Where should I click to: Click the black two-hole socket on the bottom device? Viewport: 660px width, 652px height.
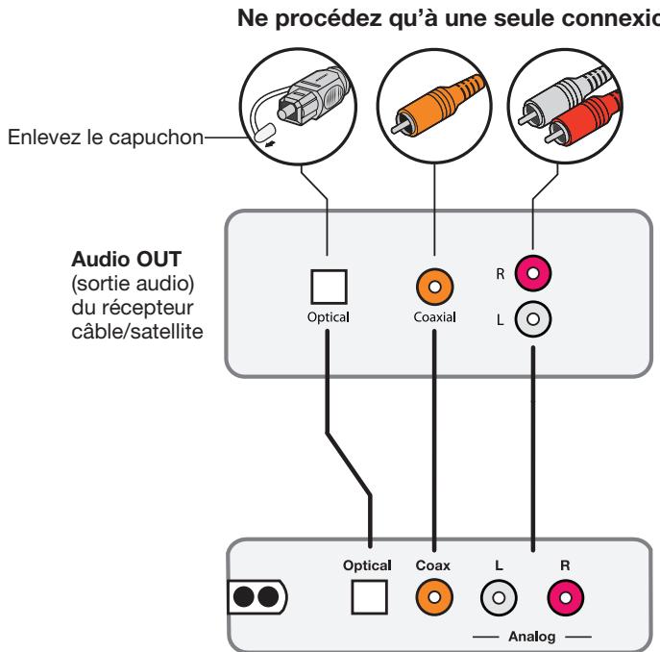click(257, 597)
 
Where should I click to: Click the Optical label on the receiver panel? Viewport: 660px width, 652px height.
click(330, 315)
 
